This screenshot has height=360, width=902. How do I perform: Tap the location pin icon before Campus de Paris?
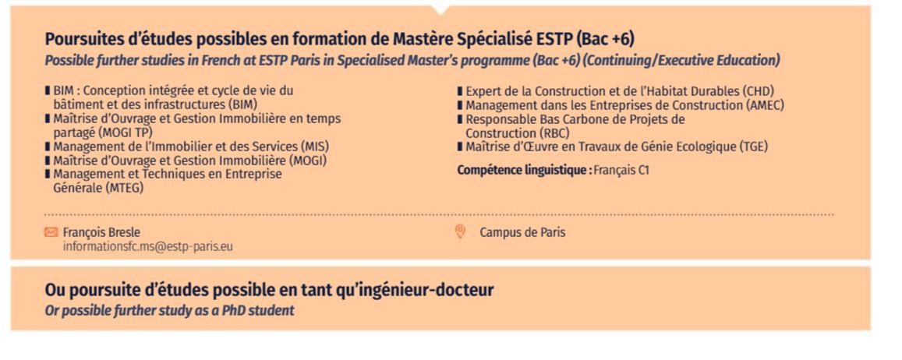459,231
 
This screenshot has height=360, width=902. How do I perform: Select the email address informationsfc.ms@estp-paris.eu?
148,246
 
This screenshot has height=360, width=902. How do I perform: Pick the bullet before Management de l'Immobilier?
48,146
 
